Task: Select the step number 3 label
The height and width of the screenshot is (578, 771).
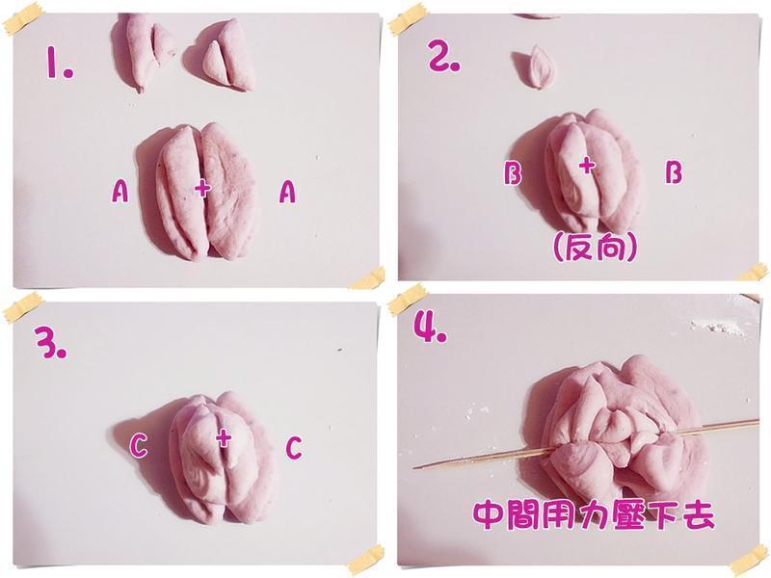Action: (x=47, y=344)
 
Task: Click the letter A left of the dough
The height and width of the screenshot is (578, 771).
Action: (x=120, y=194)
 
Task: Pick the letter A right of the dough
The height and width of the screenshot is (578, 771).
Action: (x=286, y=194)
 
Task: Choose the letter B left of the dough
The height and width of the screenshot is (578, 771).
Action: (x=513, y=173)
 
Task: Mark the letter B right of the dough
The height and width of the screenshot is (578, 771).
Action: (x=674, y=172)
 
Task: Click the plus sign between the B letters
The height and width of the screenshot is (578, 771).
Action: (x=587, y=166)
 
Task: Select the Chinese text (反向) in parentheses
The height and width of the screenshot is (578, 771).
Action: (x=595, y=248)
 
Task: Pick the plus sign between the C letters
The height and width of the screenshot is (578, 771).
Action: (x=224, y=439)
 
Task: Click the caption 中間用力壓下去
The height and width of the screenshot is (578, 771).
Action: (x=594, y=514)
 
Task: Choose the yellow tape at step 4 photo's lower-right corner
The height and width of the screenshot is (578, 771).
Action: (x=749, y=558)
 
